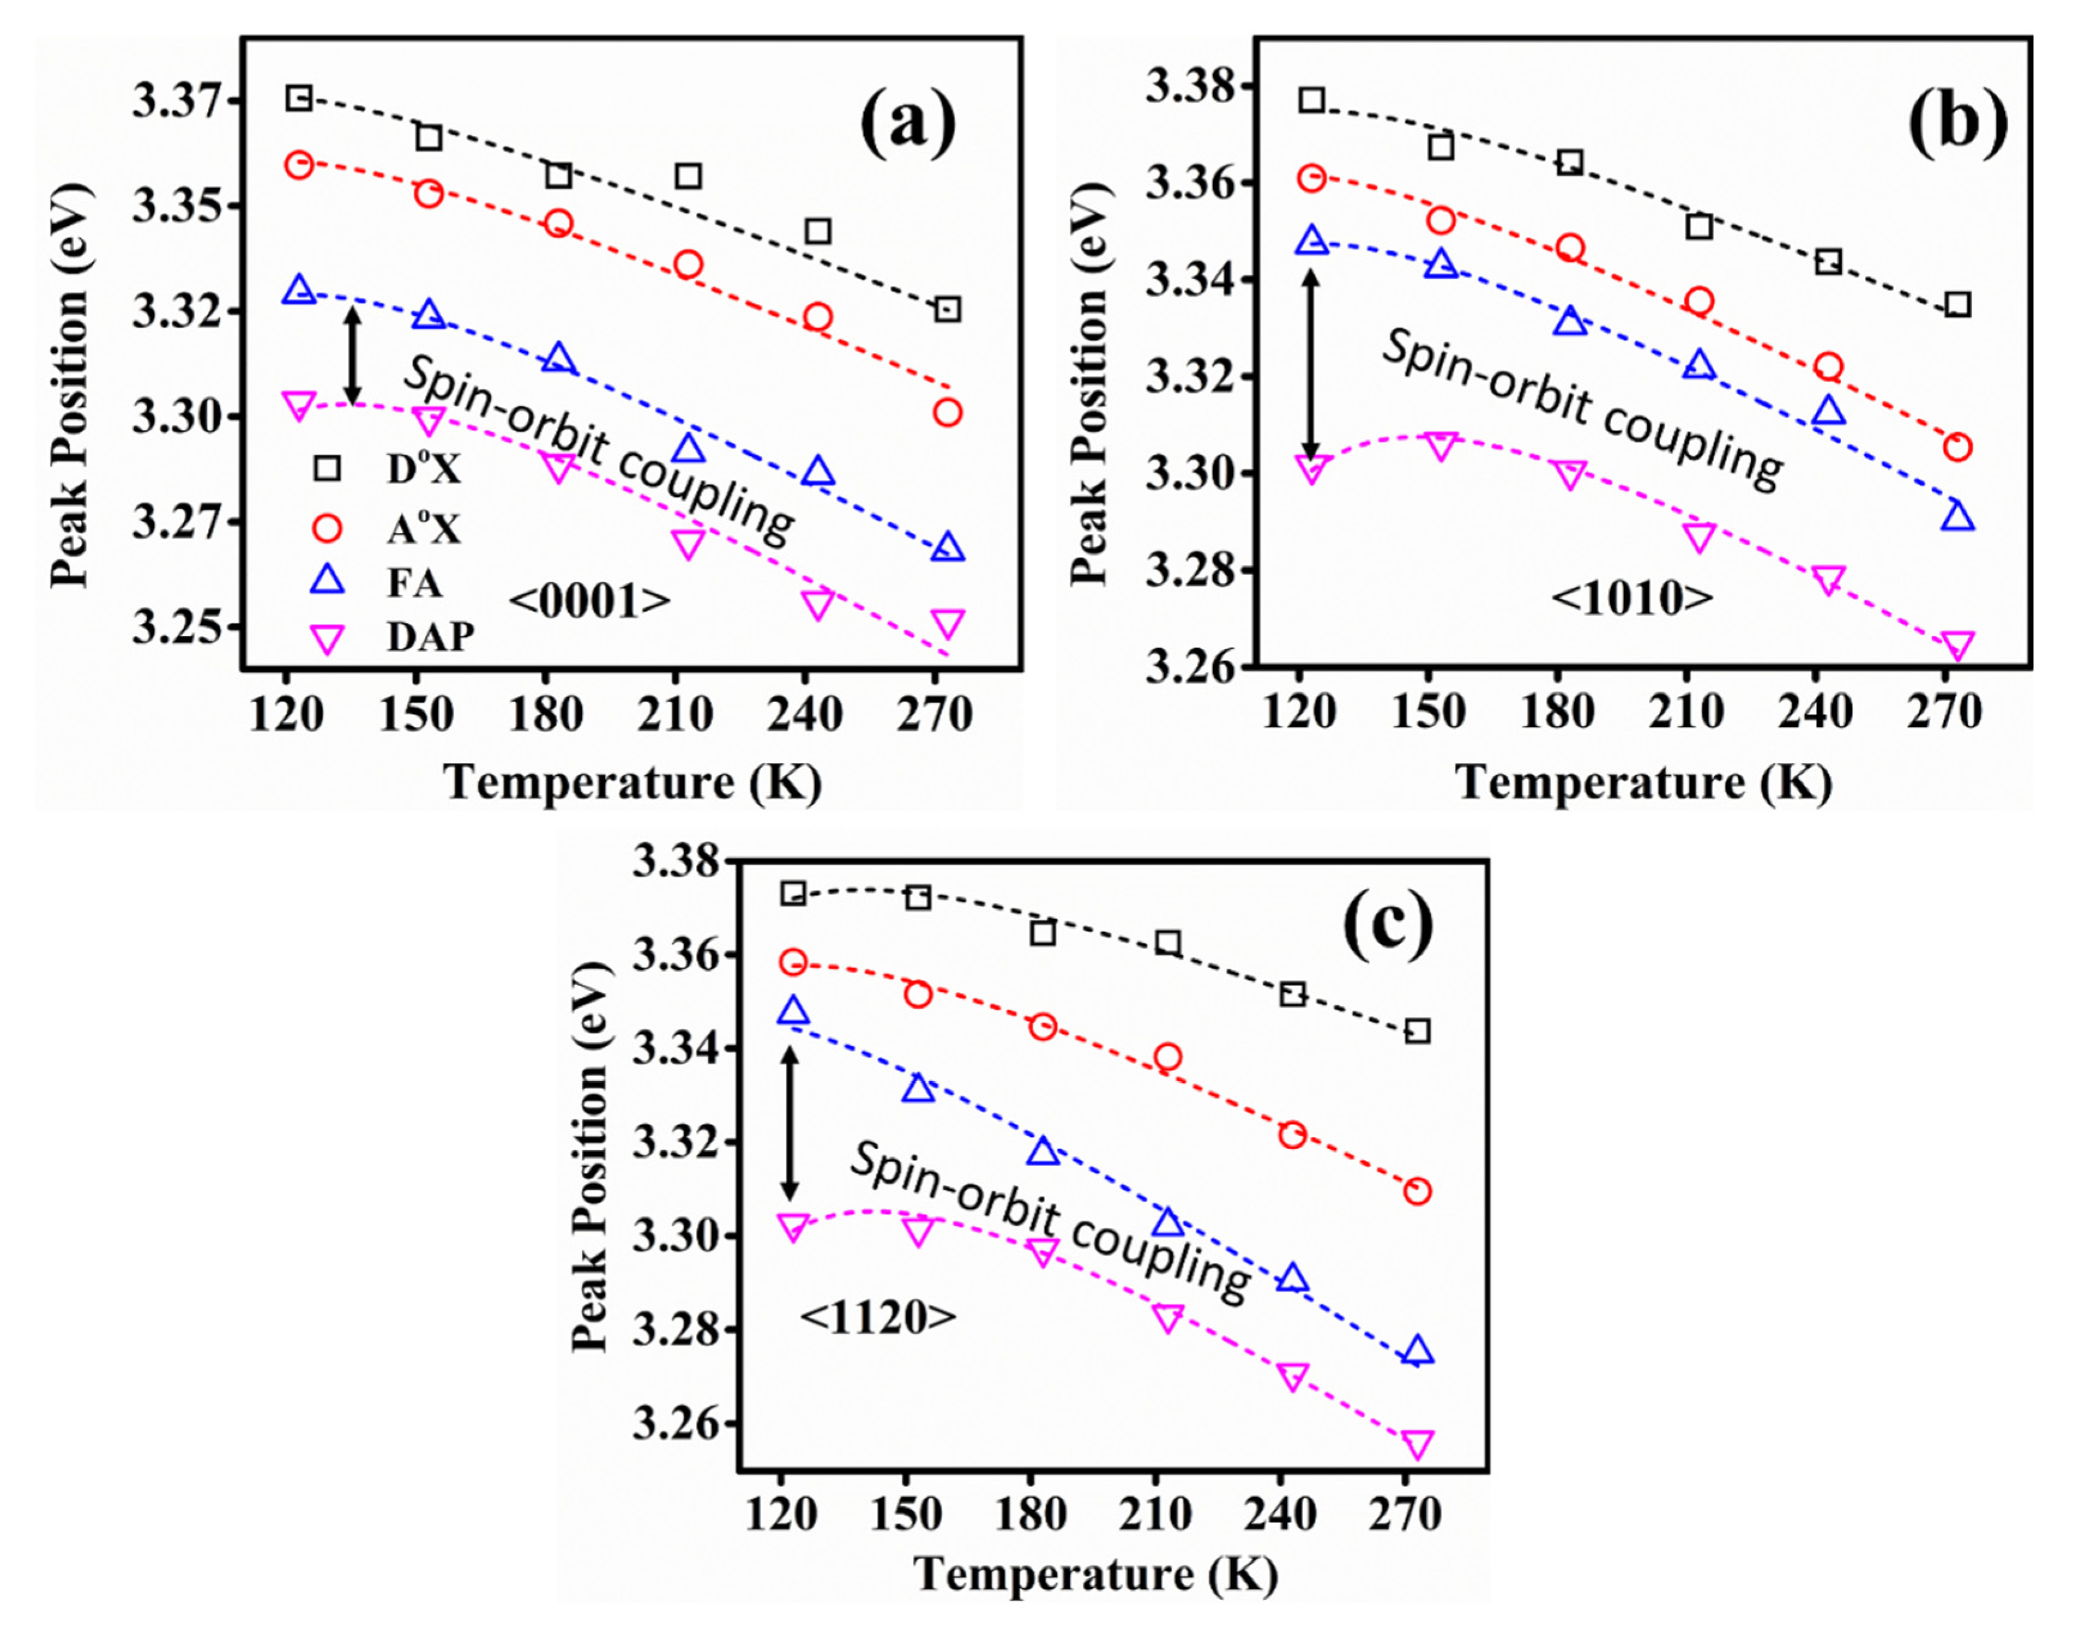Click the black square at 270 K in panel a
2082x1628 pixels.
tap(947, 309)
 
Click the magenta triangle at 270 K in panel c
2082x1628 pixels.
tap(1417, 1445)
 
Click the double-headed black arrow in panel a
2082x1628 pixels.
tap(353, 355)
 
